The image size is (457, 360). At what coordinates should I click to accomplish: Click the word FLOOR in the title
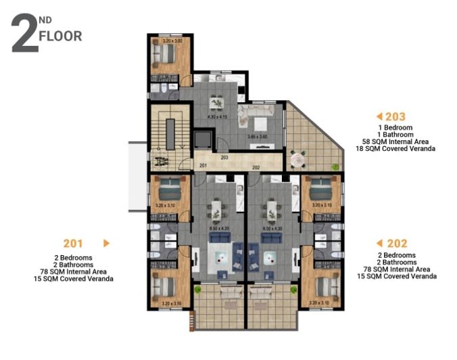[x=60, y=37]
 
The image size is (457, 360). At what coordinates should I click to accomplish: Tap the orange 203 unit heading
[x=395, y=117]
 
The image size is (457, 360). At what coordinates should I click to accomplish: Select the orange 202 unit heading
[x=395, y=244]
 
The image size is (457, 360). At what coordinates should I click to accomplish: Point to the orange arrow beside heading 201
[x=106, y=243]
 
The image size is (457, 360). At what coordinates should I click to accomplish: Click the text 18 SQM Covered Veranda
[x=397, y=148]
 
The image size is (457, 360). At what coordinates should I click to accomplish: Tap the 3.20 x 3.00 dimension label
[x=169, y=42]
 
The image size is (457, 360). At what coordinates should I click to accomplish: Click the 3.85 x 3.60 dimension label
[x=259, y=135]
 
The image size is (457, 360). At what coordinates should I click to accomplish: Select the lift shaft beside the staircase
[x=202, y=139]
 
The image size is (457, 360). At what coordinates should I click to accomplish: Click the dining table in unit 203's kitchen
[x=216, y=102]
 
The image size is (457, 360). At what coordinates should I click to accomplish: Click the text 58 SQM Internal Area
[x=397, y=141]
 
